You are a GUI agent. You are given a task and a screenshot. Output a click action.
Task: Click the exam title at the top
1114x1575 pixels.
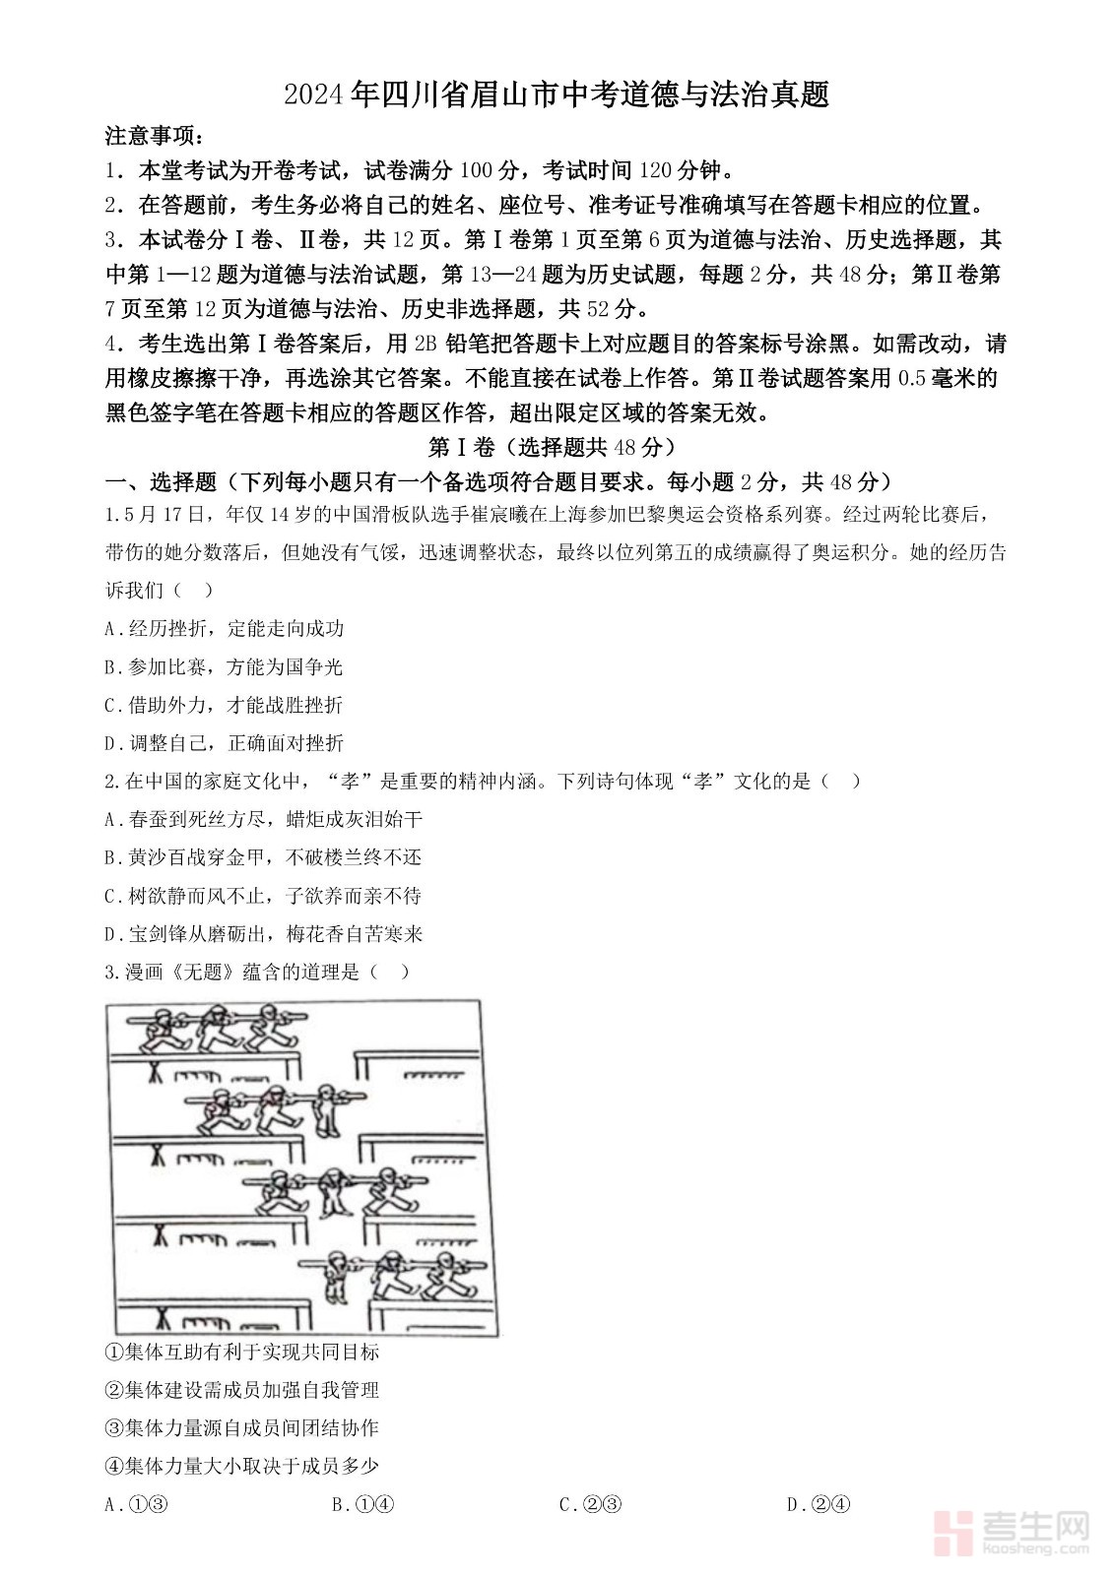point(557,94)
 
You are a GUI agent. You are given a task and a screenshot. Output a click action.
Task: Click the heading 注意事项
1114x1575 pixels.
point(156,136)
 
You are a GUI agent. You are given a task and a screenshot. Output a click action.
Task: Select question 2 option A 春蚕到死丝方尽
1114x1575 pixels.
point(263,819)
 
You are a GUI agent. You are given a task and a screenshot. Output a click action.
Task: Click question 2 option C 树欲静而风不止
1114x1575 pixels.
point(263,896)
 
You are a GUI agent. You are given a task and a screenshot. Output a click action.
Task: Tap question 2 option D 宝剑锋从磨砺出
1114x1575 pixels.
point(263,933)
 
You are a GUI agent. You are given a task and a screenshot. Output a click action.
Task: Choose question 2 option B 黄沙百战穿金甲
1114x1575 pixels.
point(263,857)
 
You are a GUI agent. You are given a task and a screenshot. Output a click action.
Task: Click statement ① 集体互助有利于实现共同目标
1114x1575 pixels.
point(241,1352)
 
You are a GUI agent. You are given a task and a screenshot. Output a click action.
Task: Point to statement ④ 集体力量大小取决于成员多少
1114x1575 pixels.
point(241,1466)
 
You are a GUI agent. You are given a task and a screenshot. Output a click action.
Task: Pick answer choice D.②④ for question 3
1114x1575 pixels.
point(819,1503)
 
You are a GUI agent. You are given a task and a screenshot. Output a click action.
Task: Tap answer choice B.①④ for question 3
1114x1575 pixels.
point(363,1503)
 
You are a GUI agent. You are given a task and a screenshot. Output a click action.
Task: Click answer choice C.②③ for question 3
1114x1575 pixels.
point(590,1503)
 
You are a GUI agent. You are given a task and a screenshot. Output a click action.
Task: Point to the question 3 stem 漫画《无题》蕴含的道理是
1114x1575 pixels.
point(256,972)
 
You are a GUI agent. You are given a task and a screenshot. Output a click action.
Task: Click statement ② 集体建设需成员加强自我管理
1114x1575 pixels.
point(241,1390)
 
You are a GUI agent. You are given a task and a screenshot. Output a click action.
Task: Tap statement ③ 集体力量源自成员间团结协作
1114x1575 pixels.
point(241,1427)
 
